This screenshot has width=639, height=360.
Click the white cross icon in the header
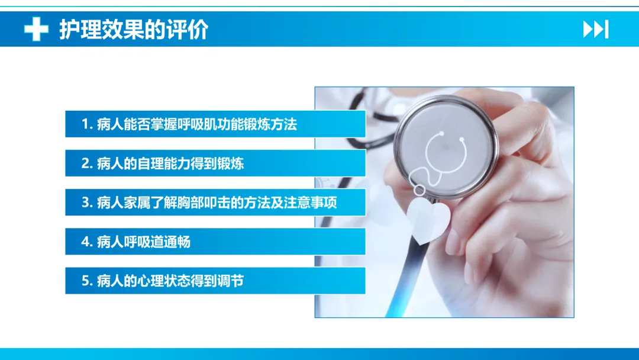36,29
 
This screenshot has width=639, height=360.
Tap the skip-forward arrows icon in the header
596,30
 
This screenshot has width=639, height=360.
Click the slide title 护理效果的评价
134,30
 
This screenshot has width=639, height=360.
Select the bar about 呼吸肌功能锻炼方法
215,124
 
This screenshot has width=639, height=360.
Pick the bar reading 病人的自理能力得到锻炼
215,163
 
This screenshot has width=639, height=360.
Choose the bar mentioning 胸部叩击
215,202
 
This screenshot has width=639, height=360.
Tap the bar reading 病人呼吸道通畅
215,242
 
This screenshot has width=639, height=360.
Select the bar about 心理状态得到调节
215,281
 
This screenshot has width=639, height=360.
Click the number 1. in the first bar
87,124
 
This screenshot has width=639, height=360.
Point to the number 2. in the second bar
87,163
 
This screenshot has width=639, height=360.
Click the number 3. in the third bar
87,202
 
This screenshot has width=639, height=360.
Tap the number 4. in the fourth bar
87,242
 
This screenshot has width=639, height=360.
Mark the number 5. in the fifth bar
87,281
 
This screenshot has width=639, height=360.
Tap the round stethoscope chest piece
445,147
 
